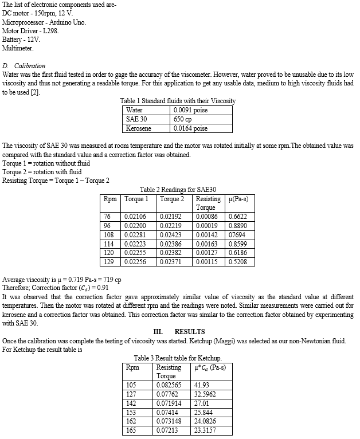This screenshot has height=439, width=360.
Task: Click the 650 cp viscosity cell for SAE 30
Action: point(183,119)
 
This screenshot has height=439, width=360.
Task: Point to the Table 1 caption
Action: point(178,101)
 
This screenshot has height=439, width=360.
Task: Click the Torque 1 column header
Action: point(136,199)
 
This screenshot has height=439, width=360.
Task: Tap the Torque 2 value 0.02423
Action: point(171,234)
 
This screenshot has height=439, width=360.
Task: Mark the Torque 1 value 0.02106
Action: point(135,217)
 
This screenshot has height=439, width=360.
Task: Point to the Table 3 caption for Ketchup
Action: point(178,358)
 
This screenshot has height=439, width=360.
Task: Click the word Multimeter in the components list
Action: point(18,48)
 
